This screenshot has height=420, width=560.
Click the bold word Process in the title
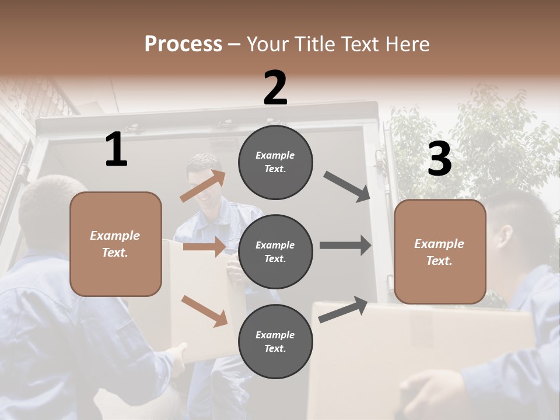183,44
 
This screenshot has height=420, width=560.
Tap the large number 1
116,150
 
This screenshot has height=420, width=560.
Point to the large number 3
439,160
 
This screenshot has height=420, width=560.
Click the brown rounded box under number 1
116,244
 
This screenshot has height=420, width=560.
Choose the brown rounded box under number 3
439,251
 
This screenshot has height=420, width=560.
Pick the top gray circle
275,162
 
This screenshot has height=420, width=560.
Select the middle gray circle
275,251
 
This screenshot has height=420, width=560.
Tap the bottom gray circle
275,341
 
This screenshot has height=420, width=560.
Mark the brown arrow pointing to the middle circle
204,247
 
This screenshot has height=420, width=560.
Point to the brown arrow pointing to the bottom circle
204,311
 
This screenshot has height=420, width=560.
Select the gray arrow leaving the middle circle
345,246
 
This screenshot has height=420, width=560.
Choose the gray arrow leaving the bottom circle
344,310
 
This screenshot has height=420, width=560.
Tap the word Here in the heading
407,44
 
